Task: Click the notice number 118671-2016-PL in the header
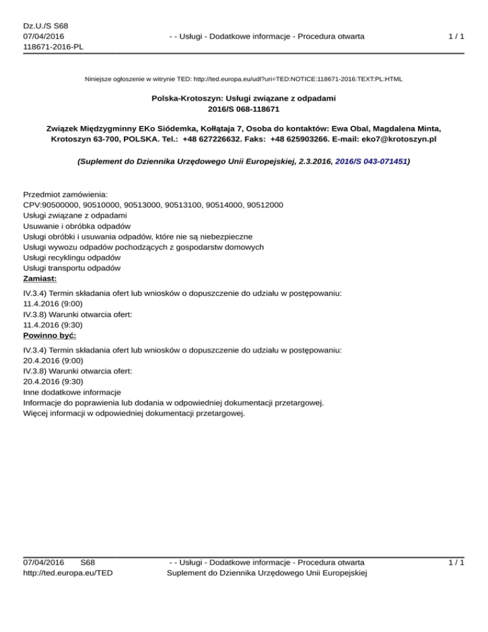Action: click(53, 47)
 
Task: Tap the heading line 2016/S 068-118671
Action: click(244, 109)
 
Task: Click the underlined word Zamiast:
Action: click(40, 278)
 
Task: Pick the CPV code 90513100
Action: click(186, 205)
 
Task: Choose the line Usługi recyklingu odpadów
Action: click(72, 258)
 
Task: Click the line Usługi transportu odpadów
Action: click(72, 268)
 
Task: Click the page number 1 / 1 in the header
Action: click(455, 37)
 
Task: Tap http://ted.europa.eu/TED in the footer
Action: click(68, 573)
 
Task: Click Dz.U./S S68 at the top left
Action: click(45, 26)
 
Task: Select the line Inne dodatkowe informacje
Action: click(72, 392)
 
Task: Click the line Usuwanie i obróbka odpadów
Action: click(77, 226)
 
